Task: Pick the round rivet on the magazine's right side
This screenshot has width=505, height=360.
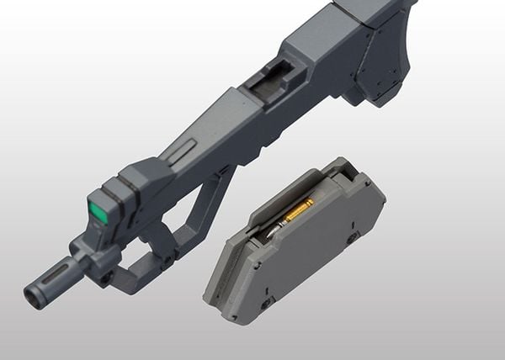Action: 354,238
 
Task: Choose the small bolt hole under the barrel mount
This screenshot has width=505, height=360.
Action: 107,273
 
